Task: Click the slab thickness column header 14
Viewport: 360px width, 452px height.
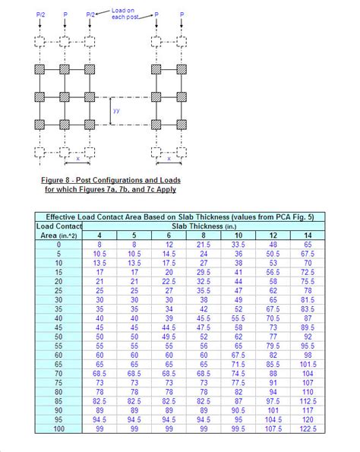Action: click(308, 235)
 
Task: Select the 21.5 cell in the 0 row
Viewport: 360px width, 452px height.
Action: click(204, 244)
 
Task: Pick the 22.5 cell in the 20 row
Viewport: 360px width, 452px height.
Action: click(169, 281)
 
